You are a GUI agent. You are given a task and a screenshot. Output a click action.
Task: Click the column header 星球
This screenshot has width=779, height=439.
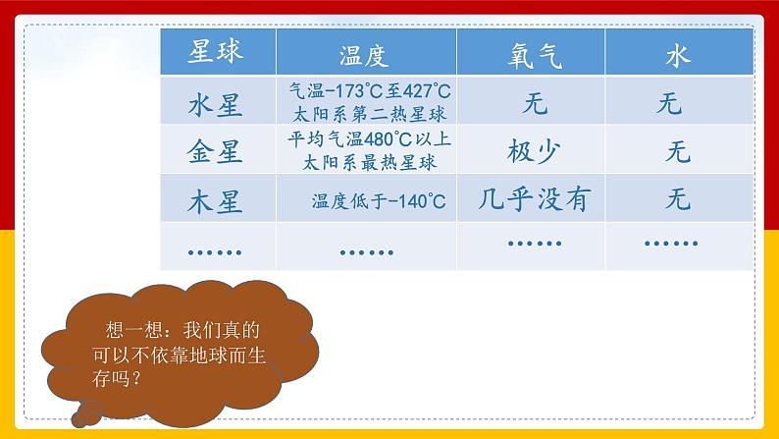click(216, 52)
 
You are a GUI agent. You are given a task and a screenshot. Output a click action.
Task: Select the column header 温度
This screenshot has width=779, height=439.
click(364, 53)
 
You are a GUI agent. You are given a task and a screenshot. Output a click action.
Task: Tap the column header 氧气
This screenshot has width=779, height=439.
click(536, 54)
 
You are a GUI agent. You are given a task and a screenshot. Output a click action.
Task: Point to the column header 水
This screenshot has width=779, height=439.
click(678, 54)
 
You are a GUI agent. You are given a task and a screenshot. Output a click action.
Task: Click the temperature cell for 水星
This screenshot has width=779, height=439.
click(364, 101)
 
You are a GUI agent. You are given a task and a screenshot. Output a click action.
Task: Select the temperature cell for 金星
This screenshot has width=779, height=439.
click(364, 150)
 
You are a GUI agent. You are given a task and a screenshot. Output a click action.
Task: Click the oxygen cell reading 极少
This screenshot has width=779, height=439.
click(535, 151)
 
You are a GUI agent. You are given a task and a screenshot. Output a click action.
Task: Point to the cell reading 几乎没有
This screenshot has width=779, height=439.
click(536, 200)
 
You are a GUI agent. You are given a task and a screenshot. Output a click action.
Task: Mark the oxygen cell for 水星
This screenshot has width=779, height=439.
click(536, 101)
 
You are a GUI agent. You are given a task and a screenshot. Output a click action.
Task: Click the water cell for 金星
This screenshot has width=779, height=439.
click(678, 151)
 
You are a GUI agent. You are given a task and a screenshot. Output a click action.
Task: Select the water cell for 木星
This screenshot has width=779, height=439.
click(678, 201)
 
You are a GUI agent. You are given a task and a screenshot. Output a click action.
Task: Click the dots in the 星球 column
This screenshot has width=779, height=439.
click(214, 250)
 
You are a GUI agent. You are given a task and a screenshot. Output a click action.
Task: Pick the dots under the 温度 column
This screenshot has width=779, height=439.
click(364, 250)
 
